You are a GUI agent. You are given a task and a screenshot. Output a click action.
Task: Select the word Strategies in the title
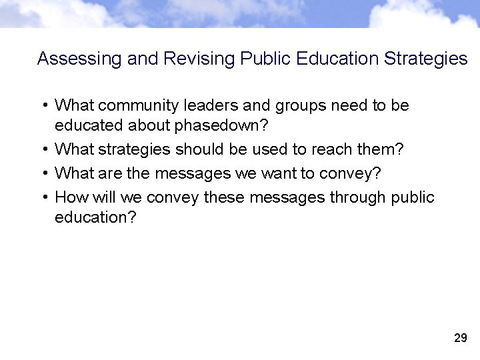tap(426, 59)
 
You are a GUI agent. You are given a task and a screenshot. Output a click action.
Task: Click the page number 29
tap(460, 339)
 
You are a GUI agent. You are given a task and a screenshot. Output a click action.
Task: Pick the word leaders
tap(211, 106)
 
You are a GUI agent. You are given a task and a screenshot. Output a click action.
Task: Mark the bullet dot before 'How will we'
tap(43, 198)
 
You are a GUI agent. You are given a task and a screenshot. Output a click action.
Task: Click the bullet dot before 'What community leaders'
tap(43, 106)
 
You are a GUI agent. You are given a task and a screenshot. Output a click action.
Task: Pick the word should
tap(198, 149)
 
